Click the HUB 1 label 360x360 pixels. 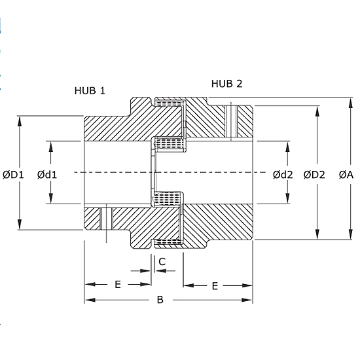[90, 91]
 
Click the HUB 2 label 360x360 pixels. [226, 84]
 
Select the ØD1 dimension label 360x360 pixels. [13, 175]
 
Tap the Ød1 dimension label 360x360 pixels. [47, 175]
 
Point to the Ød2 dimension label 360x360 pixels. [283, 175]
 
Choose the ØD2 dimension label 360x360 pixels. [314, 175]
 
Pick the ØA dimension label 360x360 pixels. [346, 175]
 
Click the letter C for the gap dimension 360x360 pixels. [162, 262]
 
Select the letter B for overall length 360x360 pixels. [160, 300]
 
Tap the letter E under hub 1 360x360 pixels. [118, 285]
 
